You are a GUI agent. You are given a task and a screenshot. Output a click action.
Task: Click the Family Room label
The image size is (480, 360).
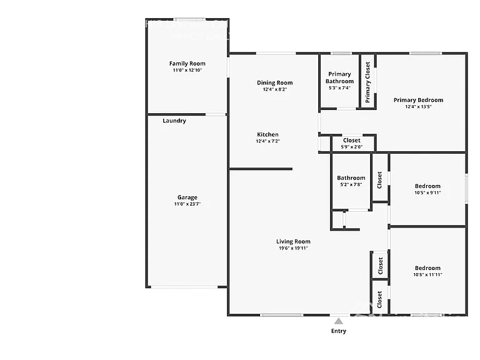[187, 64]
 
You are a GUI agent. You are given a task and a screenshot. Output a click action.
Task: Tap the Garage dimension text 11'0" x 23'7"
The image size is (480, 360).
[187, 204]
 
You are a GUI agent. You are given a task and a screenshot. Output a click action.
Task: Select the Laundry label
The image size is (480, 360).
[174, 121]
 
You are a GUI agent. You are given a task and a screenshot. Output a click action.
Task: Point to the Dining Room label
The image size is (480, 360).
[274, 82]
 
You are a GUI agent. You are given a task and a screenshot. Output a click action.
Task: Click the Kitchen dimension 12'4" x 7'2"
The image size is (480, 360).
[268, 141]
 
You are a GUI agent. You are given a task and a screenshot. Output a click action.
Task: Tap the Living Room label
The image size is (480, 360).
[293, 241]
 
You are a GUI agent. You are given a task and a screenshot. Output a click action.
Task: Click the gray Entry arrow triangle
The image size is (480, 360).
[339, 321]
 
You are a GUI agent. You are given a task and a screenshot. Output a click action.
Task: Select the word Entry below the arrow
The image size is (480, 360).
[339, 331]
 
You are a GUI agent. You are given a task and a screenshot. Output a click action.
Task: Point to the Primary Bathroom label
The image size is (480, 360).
[339, 77]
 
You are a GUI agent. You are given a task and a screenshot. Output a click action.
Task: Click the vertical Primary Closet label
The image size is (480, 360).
[367, 82]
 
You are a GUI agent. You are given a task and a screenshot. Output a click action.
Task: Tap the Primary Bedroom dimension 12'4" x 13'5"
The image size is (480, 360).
[418, 107]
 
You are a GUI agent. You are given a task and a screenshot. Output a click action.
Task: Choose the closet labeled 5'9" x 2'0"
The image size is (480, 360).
[352, 143]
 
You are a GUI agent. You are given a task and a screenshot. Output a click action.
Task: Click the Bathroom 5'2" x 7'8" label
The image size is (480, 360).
[351, 181]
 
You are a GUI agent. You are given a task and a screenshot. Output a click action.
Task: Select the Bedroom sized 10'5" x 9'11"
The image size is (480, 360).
[427, 189]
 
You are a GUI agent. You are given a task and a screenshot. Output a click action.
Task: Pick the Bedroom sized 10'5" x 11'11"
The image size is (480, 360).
[427, 271]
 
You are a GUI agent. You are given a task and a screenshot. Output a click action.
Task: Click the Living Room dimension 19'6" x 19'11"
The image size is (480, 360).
[293, 248]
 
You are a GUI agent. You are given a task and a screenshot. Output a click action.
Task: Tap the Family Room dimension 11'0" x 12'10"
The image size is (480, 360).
[187, 70]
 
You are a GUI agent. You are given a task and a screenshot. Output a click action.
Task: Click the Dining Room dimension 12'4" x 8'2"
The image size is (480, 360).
[275, 89]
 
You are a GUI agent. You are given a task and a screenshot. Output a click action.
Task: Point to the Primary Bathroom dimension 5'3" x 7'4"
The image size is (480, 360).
[339, 88]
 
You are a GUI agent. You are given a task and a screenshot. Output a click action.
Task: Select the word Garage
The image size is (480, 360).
[187, 197]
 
